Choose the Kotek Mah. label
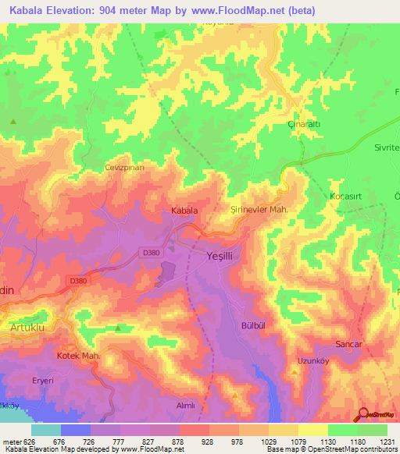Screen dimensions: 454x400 pos(79,356)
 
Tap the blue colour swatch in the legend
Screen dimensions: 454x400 pos(76,430)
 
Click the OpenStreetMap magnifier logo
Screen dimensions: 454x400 pos(363,414)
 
